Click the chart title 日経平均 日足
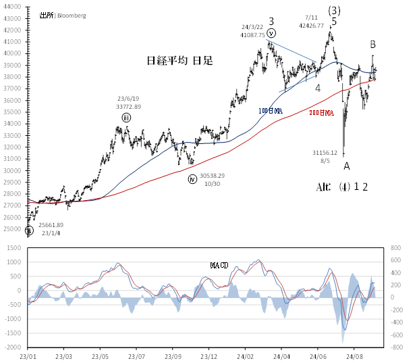click(x=179, y=61)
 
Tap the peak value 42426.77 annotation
click(x=314, y=26)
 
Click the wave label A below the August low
click(x=347, y=166)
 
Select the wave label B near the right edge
click(x=372, y=45)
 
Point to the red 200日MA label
click(x=321, y=114)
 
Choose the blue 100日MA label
click(x=270, y=110)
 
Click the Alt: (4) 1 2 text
click(x=341, y=187)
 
